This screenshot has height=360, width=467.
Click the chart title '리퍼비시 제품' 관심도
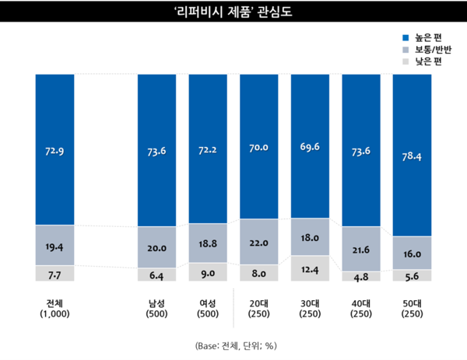(233, 12)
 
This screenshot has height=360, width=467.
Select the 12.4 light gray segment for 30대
(310, 269)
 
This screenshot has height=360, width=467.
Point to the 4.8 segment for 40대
(360, 276)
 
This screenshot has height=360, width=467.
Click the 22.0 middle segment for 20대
(259, 240)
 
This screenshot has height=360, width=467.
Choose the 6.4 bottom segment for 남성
(156, 274)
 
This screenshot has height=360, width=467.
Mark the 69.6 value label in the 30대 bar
(310, 145)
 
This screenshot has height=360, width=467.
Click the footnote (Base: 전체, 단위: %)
(233, 344)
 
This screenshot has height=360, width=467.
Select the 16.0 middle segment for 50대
(412, 253)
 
